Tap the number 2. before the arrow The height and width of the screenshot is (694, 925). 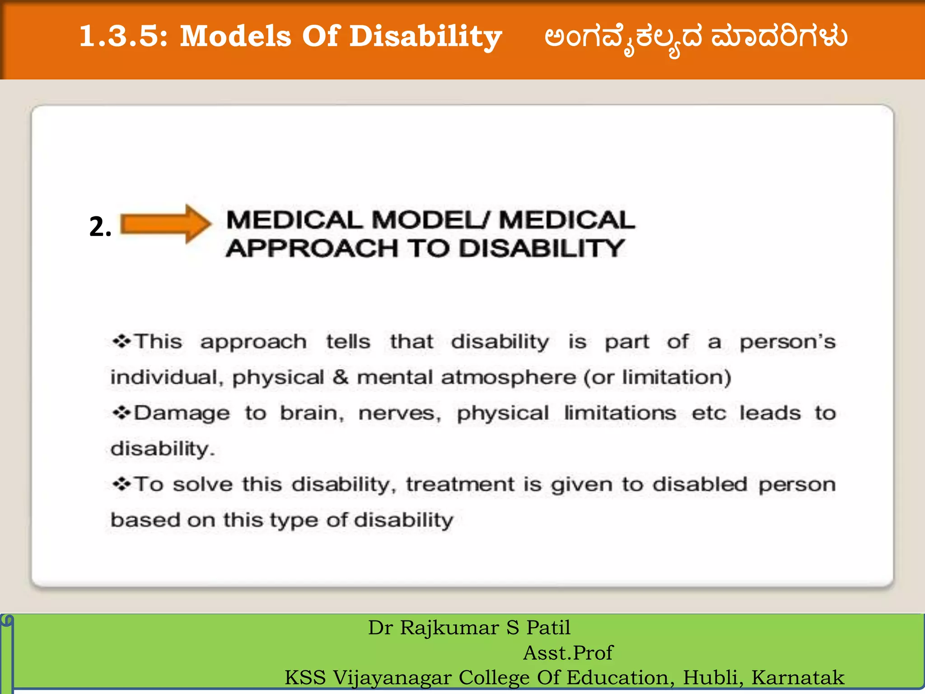click(x=100, y=227)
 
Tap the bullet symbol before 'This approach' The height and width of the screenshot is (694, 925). click(x=121, y=341)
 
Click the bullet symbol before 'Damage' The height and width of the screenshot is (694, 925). click(x=121, y=413)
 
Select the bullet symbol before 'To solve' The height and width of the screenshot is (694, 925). click(x=121, y=484)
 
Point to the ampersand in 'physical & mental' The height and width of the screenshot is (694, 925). click(x=340, y=377)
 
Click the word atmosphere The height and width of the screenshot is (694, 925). click(x=509, y=377)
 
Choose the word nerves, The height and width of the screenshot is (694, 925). click(x=400, y=413)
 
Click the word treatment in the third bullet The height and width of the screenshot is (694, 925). click(x=460, y=484)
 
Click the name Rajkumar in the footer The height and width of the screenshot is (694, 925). click(x=449, y=628)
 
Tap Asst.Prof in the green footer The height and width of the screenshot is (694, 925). click(x=568, y=653)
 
